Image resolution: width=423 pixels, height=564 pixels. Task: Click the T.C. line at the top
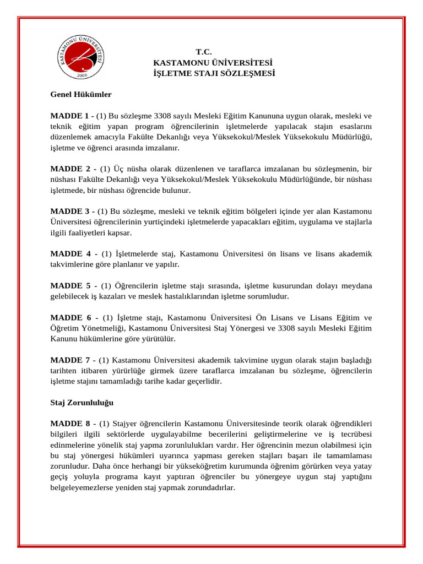204,52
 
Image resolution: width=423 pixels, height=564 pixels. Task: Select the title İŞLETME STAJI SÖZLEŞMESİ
214,73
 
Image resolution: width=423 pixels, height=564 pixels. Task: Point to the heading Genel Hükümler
81,94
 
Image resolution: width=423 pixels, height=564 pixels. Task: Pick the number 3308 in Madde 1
178,116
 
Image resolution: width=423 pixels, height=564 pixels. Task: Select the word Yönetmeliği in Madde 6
95,328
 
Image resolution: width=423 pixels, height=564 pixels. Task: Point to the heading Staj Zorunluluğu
82,403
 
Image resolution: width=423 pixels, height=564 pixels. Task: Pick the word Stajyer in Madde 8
125,424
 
